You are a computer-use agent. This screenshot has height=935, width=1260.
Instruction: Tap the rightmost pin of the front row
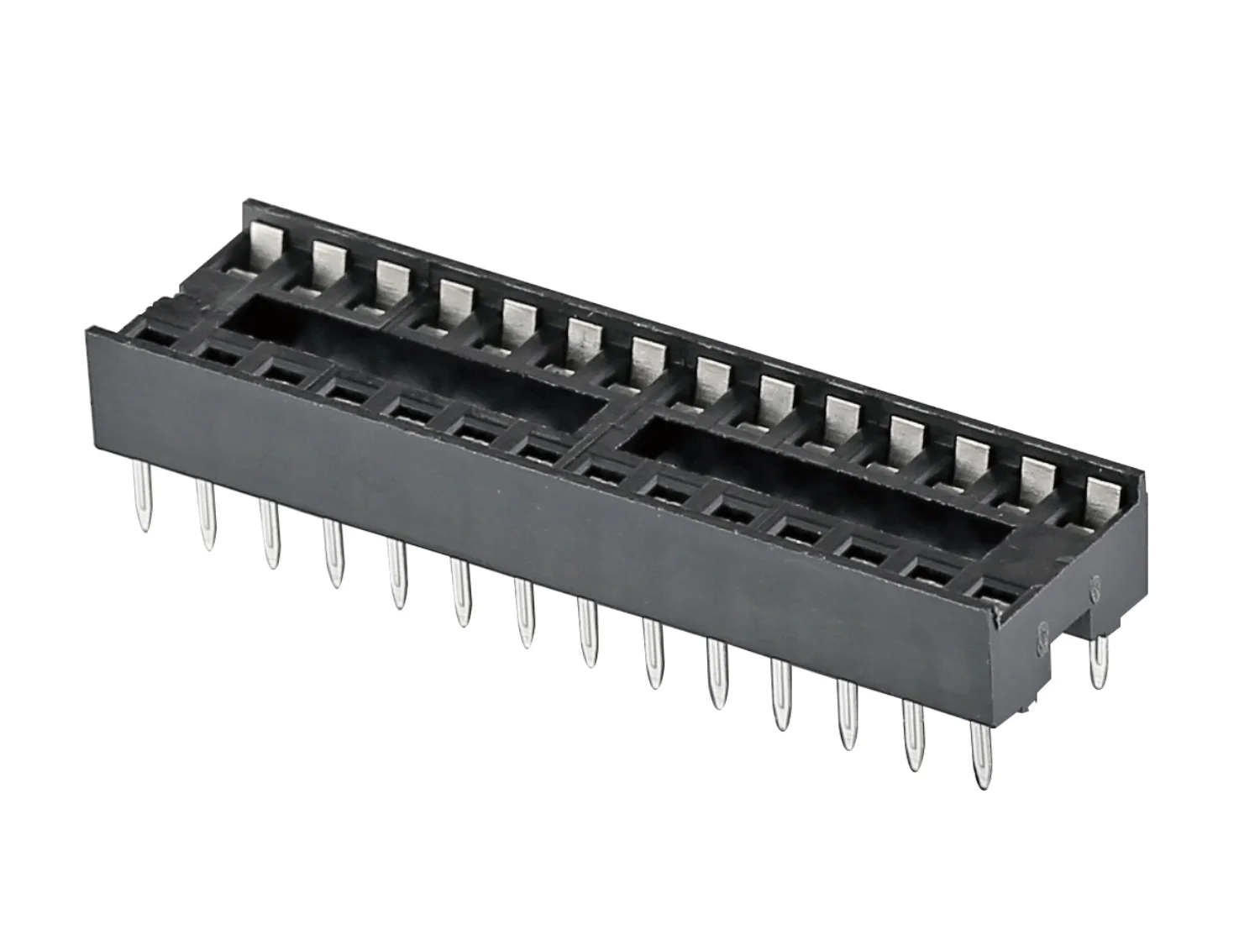click(x=979, y=756)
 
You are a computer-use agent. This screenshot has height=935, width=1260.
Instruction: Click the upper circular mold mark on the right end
click(x=1095, y=586)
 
